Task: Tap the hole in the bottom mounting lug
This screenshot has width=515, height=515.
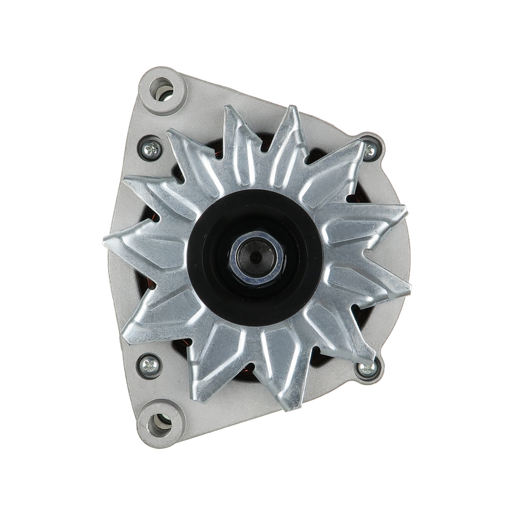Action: [159, 424]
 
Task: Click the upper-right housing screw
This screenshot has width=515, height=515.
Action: [370, 151]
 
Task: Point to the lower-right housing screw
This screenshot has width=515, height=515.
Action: [366, 368]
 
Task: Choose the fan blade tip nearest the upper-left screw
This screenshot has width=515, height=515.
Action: [168, 131]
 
